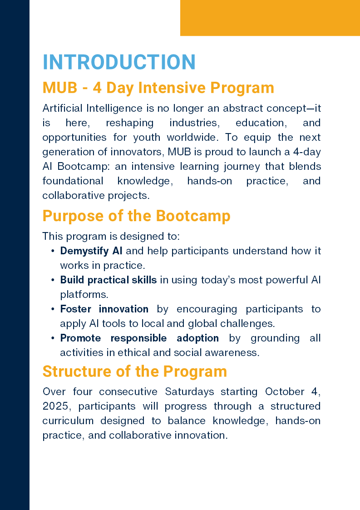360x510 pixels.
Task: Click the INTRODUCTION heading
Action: pyautogui.click(x=119, y=62)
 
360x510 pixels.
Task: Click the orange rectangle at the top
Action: pyautogui.click(x=270, y=18)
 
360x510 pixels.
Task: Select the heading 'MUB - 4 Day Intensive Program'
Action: pyautogui.click(x=158, y=88)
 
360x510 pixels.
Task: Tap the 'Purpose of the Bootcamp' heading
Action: pyautogui.click(x=136, y=216)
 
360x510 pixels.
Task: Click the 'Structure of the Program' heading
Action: pyautogui.click(x=134, y=371)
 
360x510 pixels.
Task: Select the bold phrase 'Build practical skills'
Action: pyautogui.click(x=108, y=280)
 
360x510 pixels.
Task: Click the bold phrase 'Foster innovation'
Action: pyautogui.click(x=104, y=309)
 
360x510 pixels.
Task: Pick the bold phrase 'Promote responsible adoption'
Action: pyautogui.click(x=139, y=338)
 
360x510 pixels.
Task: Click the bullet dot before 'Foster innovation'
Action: pyautogui.click(x=53, y=309)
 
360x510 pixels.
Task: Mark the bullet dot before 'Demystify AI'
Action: pyautogui.click(x=53, y=251)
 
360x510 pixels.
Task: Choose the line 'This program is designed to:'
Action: pyautogui.click(x=111, y=236)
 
